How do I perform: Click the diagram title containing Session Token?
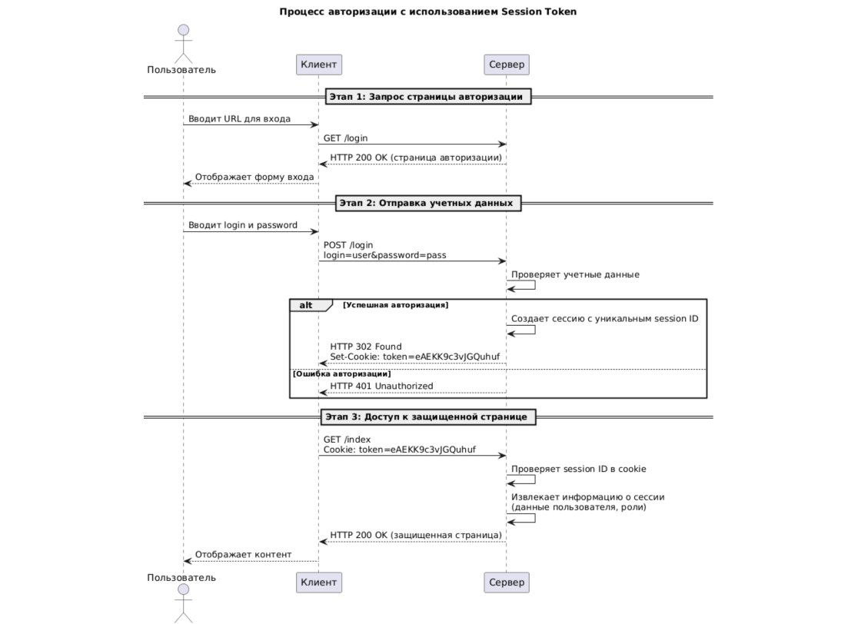(x=428, y=12)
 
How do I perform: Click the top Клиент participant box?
(x=318, y=65)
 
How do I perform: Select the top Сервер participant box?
(x=507, y=65)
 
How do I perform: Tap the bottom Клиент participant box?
(x=318, y=582)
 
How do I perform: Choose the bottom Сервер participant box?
(x=507, y=582)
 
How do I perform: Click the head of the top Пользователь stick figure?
(x=183, y=31)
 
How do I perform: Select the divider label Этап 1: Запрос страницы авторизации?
(x=428, y=97)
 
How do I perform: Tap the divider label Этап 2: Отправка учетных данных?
(x=428, y=203)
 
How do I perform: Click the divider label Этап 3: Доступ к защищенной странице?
(x=428, y=417)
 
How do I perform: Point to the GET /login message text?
(x=345, y=138)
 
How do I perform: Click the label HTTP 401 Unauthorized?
(x=381, y=386)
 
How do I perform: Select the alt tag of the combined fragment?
(x=307, y=305)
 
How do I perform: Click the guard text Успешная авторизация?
(x=396, y=305)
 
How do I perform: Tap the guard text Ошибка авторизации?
(x=342, y=373)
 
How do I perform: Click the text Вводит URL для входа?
(x=239, y=118)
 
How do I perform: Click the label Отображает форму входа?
(x=254, y=177)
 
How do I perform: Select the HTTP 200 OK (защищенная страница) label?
(x=416, y=535)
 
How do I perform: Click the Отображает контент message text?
(x=243, y=554)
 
